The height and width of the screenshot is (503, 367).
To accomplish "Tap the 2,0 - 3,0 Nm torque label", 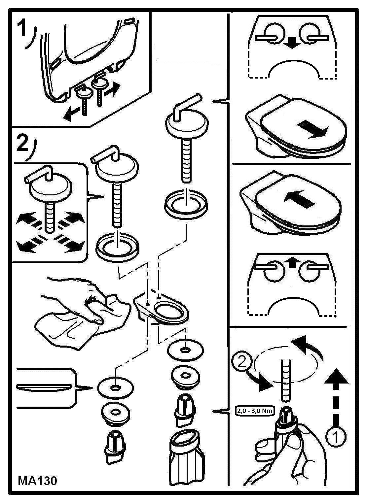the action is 254,411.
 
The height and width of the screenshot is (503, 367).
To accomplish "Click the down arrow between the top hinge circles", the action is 292,43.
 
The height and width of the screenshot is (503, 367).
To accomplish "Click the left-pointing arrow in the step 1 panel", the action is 72,114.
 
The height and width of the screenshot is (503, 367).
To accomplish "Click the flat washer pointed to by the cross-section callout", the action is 115,387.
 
